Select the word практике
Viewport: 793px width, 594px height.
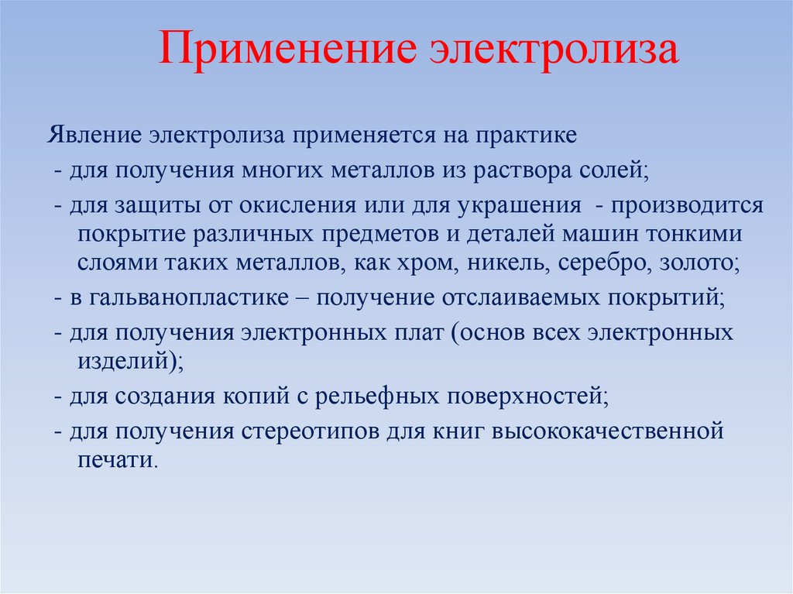(x=531, y=135)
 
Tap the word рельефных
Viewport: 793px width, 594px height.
(x=366, y=397)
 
